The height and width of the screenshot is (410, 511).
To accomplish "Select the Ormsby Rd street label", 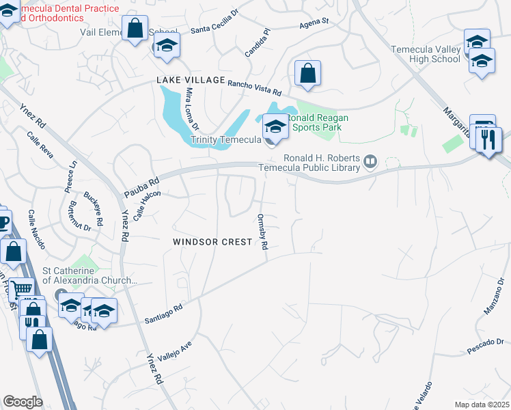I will click(x=262, y=232).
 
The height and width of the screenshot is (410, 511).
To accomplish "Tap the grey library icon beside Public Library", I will click(x=370, y=161).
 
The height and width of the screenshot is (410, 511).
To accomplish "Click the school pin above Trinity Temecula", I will click(x=275, y=126).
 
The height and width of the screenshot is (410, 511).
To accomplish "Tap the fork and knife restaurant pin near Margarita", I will click(x=489, y=140).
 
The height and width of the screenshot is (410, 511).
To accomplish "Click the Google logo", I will click(x=23, y=401).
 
